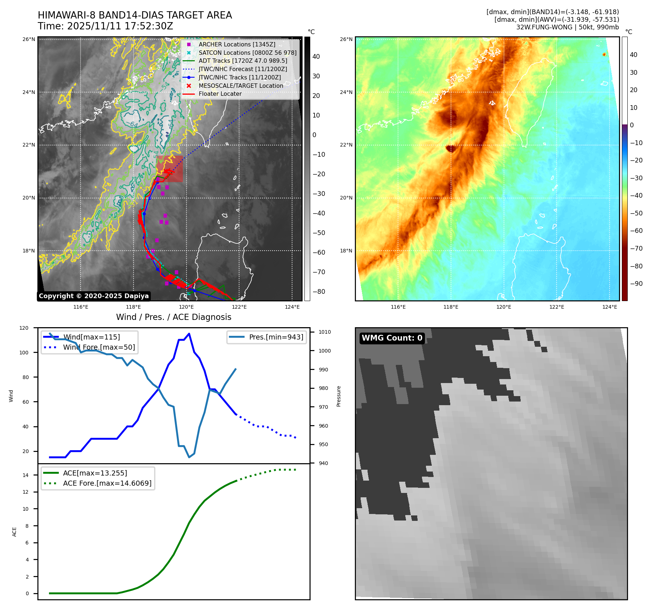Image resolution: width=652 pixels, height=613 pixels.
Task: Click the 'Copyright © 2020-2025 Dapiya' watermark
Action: (94, 296)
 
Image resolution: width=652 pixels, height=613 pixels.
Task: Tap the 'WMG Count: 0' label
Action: (392, 338)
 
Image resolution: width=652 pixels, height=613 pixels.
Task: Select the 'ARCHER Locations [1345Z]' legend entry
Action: (237, 44)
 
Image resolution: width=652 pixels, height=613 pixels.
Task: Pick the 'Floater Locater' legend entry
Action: (220, 94)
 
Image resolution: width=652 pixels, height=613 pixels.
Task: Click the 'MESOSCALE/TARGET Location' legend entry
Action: (241, 86)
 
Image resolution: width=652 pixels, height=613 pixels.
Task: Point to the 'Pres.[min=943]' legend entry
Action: (276, 337)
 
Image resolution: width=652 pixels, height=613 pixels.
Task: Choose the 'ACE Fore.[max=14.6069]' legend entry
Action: (107, 483)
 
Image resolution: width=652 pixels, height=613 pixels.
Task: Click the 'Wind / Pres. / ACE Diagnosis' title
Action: (173, 317)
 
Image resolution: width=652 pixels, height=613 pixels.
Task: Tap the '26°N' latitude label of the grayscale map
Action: (29, 39)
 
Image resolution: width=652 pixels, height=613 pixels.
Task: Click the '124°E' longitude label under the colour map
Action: (610, 307)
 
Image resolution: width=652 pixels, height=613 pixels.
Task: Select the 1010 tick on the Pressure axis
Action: (325, 332)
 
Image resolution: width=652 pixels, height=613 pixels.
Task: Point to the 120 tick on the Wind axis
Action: (24, 328)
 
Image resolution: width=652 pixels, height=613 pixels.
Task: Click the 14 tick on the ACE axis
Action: (25, 475)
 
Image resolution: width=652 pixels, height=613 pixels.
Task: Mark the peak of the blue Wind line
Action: (189, 334)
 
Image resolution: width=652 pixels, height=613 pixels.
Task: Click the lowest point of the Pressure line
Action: (189, 457)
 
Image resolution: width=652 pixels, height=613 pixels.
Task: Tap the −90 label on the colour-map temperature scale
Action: (636, 284)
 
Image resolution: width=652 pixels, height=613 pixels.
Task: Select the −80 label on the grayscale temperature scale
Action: (319, 292)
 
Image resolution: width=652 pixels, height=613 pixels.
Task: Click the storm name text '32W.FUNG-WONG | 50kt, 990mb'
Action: (567, 27)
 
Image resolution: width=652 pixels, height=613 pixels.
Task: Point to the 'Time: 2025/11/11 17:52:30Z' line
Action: (105, 26)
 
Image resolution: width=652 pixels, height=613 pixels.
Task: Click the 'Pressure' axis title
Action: (339, 396)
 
